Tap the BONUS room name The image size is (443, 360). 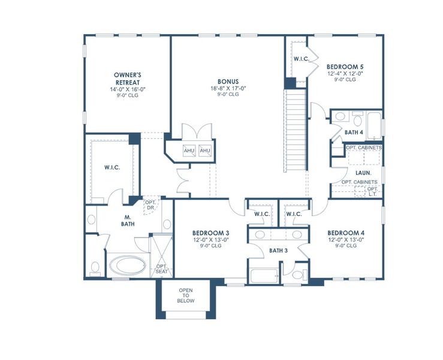(228, 81)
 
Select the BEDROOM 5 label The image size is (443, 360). (345, 67)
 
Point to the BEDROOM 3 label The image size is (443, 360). (211, 233)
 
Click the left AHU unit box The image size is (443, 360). (189, 151)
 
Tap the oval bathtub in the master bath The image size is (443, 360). (127, 265)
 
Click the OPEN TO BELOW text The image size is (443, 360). (185, 296)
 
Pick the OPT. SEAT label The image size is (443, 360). (161, 269)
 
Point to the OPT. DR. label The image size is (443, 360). (150, 205)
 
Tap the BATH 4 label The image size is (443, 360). (354, 132)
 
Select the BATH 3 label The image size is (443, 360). (279, 250)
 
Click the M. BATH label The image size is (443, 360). (127, 220)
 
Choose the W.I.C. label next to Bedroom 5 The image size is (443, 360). (301, 59)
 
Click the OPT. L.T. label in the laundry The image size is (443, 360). (372, 191)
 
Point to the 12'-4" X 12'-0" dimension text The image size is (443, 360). (345, 73)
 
